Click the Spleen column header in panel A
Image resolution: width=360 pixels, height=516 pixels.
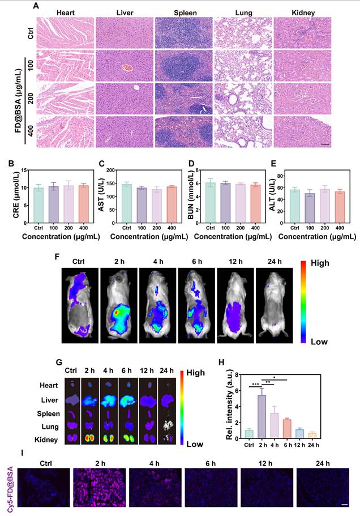181,12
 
